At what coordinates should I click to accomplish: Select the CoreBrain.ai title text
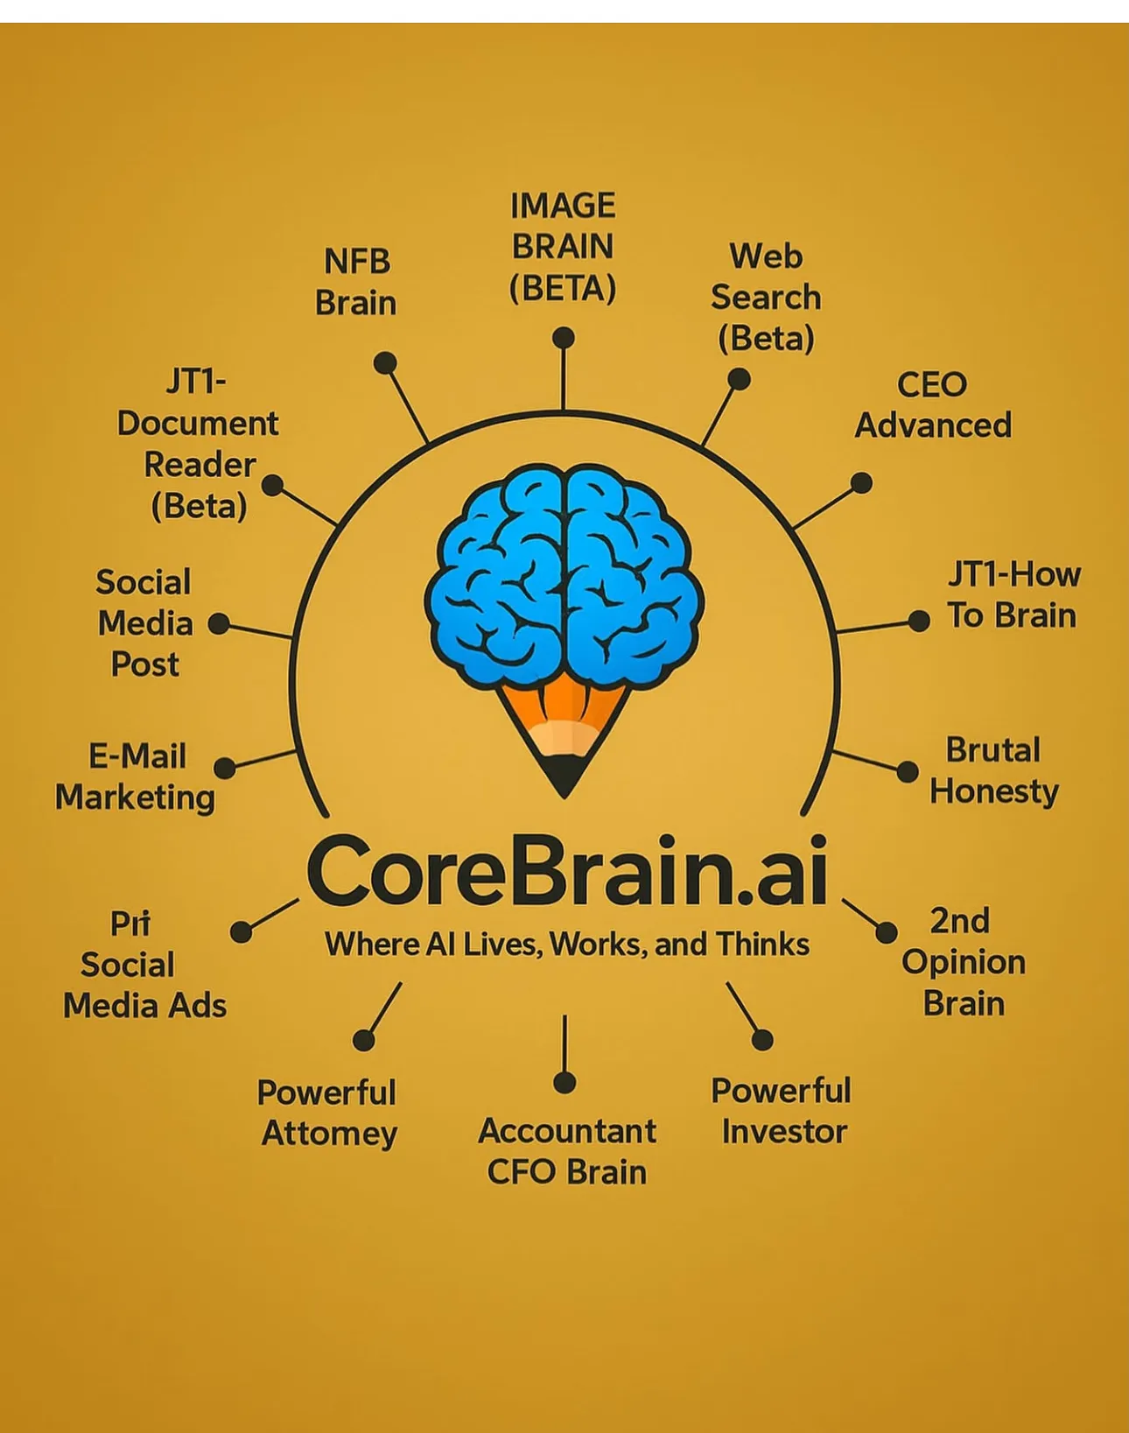pyautogui.click(x=567, y=873)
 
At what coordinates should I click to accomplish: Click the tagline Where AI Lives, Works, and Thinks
pyautogui.click(x=567, y=945)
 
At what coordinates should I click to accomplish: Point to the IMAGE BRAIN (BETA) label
pyautogui.click(x=564, y=247)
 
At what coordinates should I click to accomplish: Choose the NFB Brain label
pyautogui.click(x=356, y=282)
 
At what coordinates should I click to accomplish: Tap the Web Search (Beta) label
pyautogui.click(x=766, y=298)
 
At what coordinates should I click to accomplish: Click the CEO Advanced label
pyautogui.click(x=933, y=404)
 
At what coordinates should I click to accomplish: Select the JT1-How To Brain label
pyautogui.click(x=1013, y=595)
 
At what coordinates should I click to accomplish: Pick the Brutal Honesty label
pyautogui.click(x=994, y=771)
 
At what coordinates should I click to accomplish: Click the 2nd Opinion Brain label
pyautogui.click(x=963, y=962)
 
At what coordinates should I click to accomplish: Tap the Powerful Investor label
pyautogui.click(x=782, y=1111)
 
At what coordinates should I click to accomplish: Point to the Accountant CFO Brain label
pyautogui.click(x=567, y=1151)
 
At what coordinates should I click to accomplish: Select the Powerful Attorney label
pyautogui.click(x=328, y=1113)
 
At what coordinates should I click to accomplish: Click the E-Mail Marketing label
pyautogui.click(x=136, y=776)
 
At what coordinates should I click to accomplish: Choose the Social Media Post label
pyautogui.click(x=145, y=623)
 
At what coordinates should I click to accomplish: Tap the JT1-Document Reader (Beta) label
pyautogui.click(x=199, y=444)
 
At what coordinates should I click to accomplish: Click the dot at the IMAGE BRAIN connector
pyautogui.click(x=564, y=338)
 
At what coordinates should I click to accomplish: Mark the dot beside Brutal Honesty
pyautogui.click(x=908, y=771)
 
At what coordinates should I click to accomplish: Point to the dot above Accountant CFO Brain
pyautogui.click(x=564, y=1083)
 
